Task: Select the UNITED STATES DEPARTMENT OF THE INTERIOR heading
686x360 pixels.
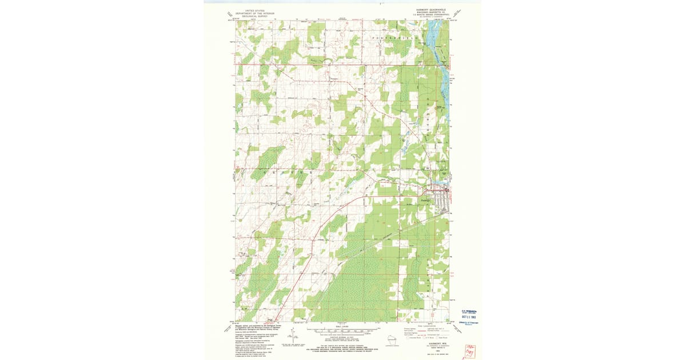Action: coord(255,13)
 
